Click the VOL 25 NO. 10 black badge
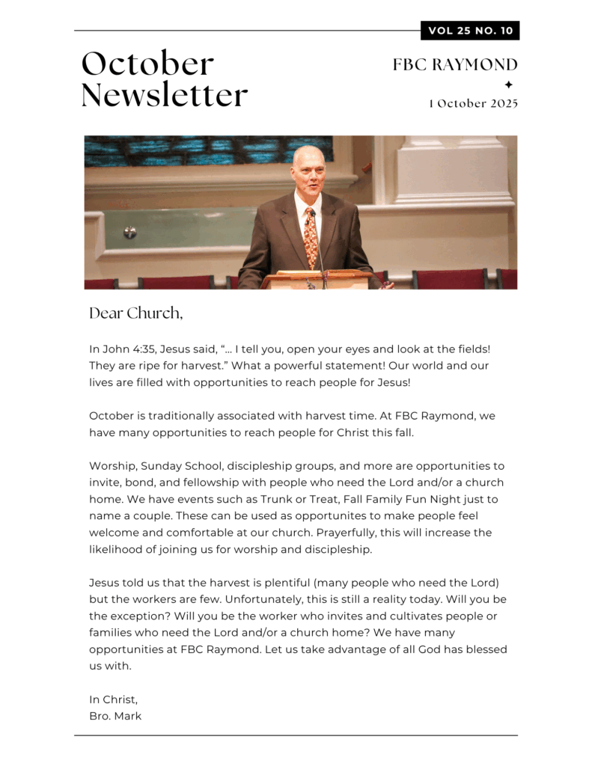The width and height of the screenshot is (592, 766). coord(470,31)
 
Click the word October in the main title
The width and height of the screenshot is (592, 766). coord(147,64)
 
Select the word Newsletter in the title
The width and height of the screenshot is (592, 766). coord(164,96)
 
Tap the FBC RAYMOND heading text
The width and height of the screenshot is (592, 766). coord(455,65)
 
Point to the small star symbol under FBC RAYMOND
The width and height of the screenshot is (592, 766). coord(509,85)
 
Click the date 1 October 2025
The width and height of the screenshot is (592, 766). coord(473,103)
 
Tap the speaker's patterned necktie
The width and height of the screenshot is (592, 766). coord(311,235)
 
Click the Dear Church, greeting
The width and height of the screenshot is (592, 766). coord(135,313)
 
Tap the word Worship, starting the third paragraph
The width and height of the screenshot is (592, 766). coord(112,466)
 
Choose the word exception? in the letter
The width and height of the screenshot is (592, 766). coord(141,616)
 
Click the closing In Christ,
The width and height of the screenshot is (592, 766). coord(113,699)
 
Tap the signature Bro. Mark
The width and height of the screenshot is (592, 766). coord(115,716)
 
